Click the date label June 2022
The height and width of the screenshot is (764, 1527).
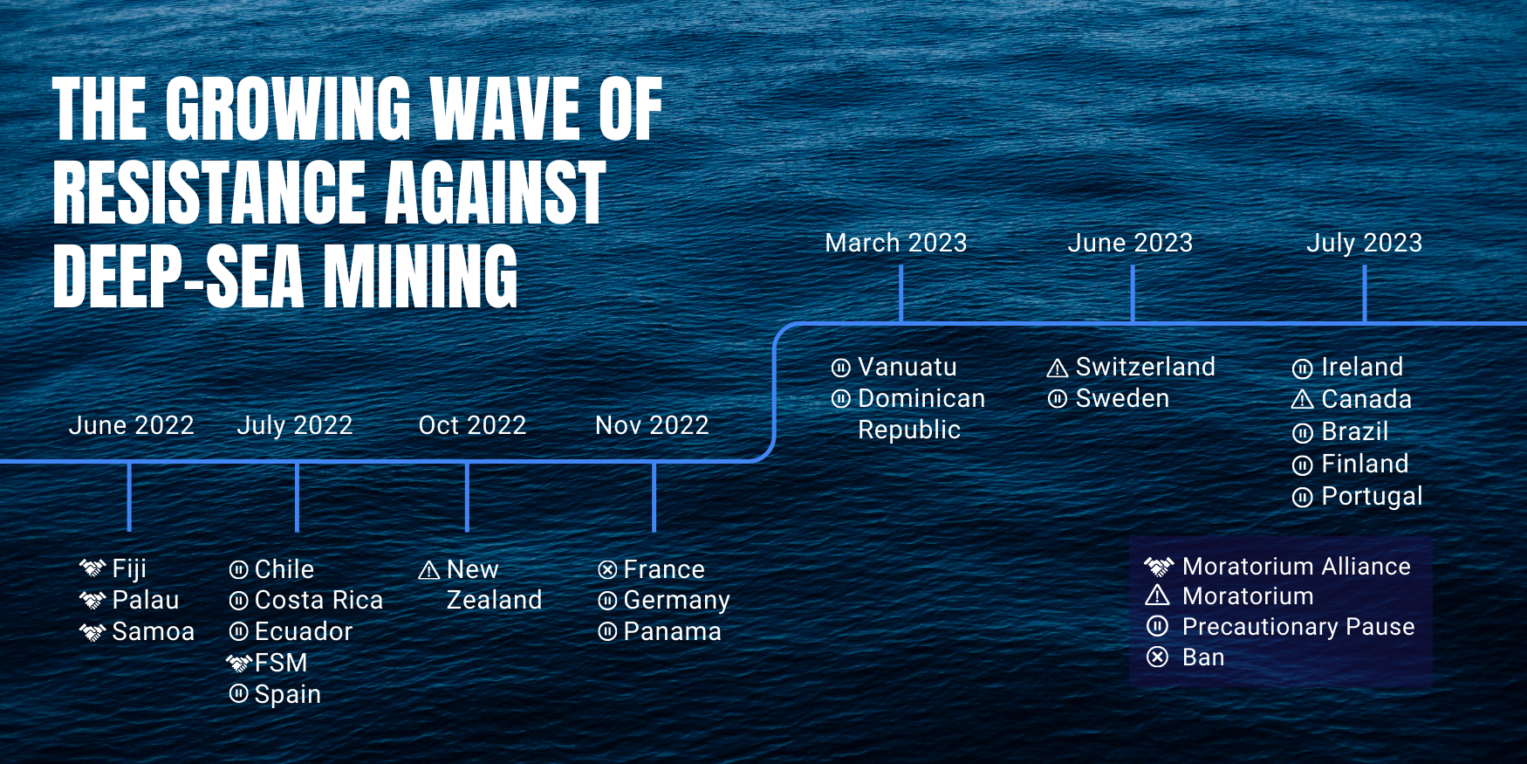click(131, 425)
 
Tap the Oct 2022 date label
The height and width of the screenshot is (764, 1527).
click(472, 425)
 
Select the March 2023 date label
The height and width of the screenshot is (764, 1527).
click(896, 243)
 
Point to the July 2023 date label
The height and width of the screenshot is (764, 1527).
click(1364, 243)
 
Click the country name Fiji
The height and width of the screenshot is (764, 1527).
click(129, 569)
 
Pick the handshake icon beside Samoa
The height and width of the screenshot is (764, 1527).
click(92, 631)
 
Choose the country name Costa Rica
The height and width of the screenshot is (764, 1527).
click(318, 600)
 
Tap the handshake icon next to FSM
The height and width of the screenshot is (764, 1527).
click(239, 664)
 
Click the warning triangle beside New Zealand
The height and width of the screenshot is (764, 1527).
click(429, 570)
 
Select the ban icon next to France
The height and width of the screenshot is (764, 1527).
click(607, 570)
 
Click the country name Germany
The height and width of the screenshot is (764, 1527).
click(676, 601)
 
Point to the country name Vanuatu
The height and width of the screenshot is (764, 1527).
click(907, 367)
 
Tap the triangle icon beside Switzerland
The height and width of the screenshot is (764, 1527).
click(1058, 368)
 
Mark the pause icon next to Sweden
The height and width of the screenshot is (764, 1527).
click(1058, 399)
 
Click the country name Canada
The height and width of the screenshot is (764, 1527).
click(1366, 399)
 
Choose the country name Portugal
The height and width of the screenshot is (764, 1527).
click(1372, 497)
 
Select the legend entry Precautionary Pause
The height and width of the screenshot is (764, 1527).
click(1298, 627)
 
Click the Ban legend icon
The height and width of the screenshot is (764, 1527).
click(1157, 657)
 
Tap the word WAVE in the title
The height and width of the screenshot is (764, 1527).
click(505, 109)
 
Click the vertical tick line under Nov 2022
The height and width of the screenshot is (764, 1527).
click(654, 496)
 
